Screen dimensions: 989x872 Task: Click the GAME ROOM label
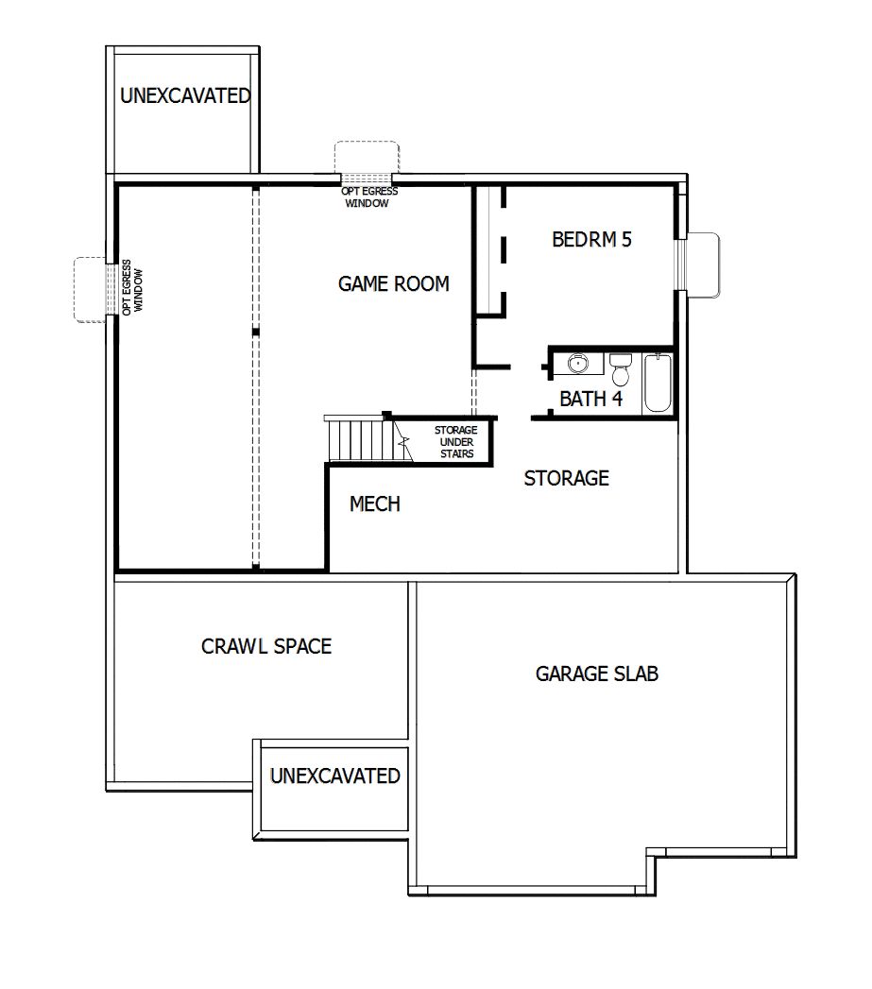pyautogui.click(x=393, y=283)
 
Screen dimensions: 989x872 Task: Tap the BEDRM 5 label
pyautogui.click(x=591, y=239)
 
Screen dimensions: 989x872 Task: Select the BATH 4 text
pyautogui.click(x=590, y=399)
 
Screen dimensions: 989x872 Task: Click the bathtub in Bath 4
pyautogui.click(x=658, y=383)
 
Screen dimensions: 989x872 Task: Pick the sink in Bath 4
pyautogui.click(x=578, y=363)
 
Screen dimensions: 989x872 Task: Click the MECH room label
pyautogui.click(x=374, y=504)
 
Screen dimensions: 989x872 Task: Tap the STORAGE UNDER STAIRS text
pyautogui.click(x=456, y=442)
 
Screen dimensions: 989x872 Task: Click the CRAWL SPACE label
pyautogui.click(x=266, y=647)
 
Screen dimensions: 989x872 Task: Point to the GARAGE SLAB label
pyautogui.click(x=596, y=674)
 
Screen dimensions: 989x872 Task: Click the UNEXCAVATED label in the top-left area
pyautogui.click(x=185, y=95)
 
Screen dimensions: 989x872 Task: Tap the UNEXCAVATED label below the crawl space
pyautogui.click(x=334, y=776)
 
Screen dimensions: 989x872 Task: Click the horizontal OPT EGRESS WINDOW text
pyautogui.click(x=368, y=196)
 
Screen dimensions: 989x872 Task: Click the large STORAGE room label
pyautogui.click(x=566, y=478)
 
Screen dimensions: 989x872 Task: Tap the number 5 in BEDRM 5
pyautogui.click(x=625, y=239)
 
